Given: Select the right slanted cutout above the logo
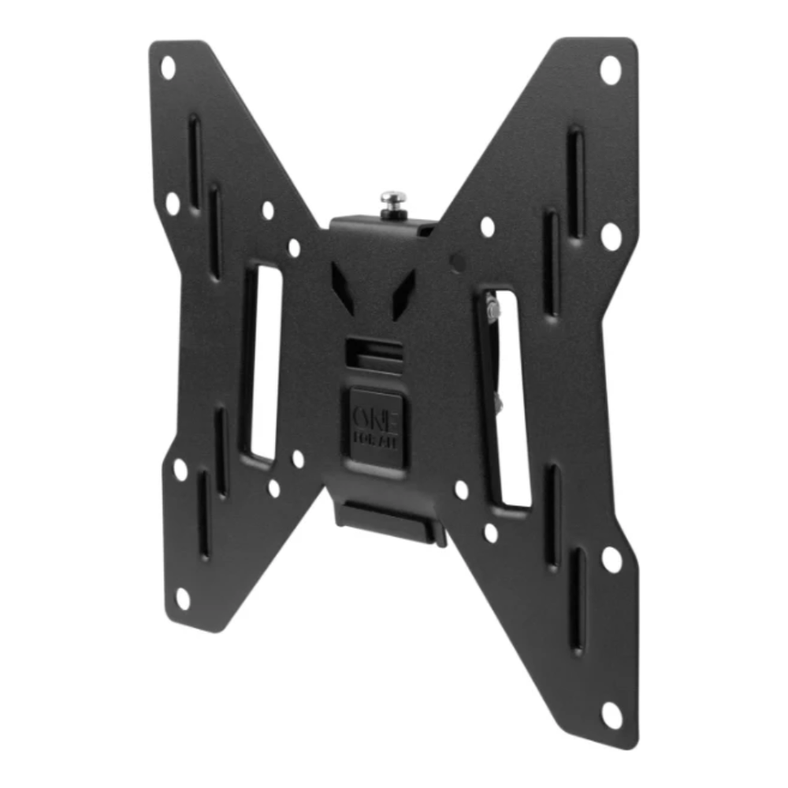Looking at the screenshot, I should [403, 292].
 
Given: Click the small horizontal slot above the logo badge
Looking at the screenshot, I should [374, 347].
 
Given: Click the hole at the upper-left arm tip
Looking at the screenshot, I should [168, 67].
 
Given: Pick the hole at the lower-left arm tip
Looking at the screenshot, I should [183, 598].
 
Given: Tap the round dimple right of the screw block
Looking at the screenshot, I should [456, 258].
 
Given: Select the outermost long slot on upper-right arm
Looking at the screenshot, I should [576, 181].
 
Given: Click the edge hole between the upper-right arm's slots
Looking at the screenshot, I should [611, 236].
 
